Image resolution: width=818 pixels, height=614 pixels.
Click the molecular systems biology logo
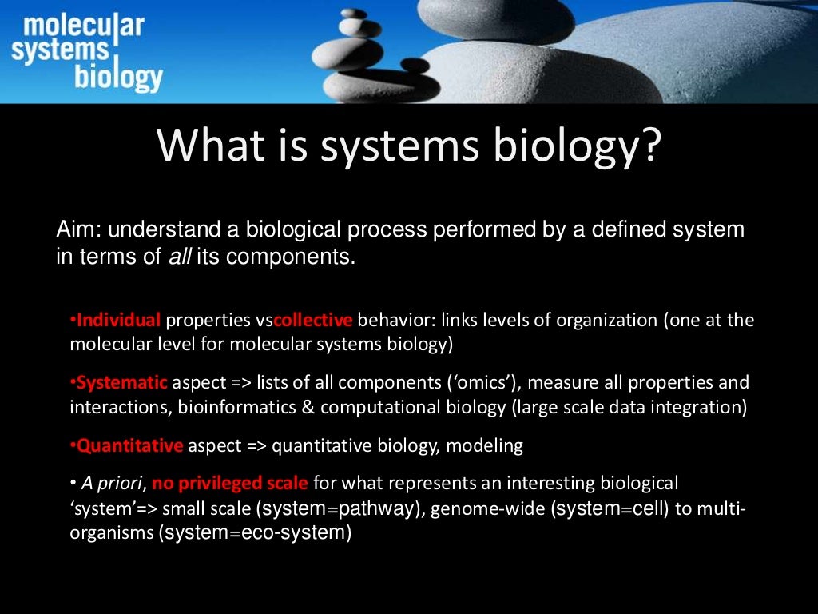87,51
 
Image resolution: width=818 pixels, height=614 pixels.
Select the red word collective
312,321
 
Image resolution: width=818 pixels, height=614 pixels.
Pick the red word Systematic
122,383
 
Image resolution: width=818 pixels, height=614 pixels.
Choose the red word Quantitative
129,446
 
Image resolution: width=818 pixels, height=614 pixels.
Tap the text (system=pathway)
340,509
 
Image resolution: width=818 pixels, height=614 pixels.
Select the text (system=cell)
609,509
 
